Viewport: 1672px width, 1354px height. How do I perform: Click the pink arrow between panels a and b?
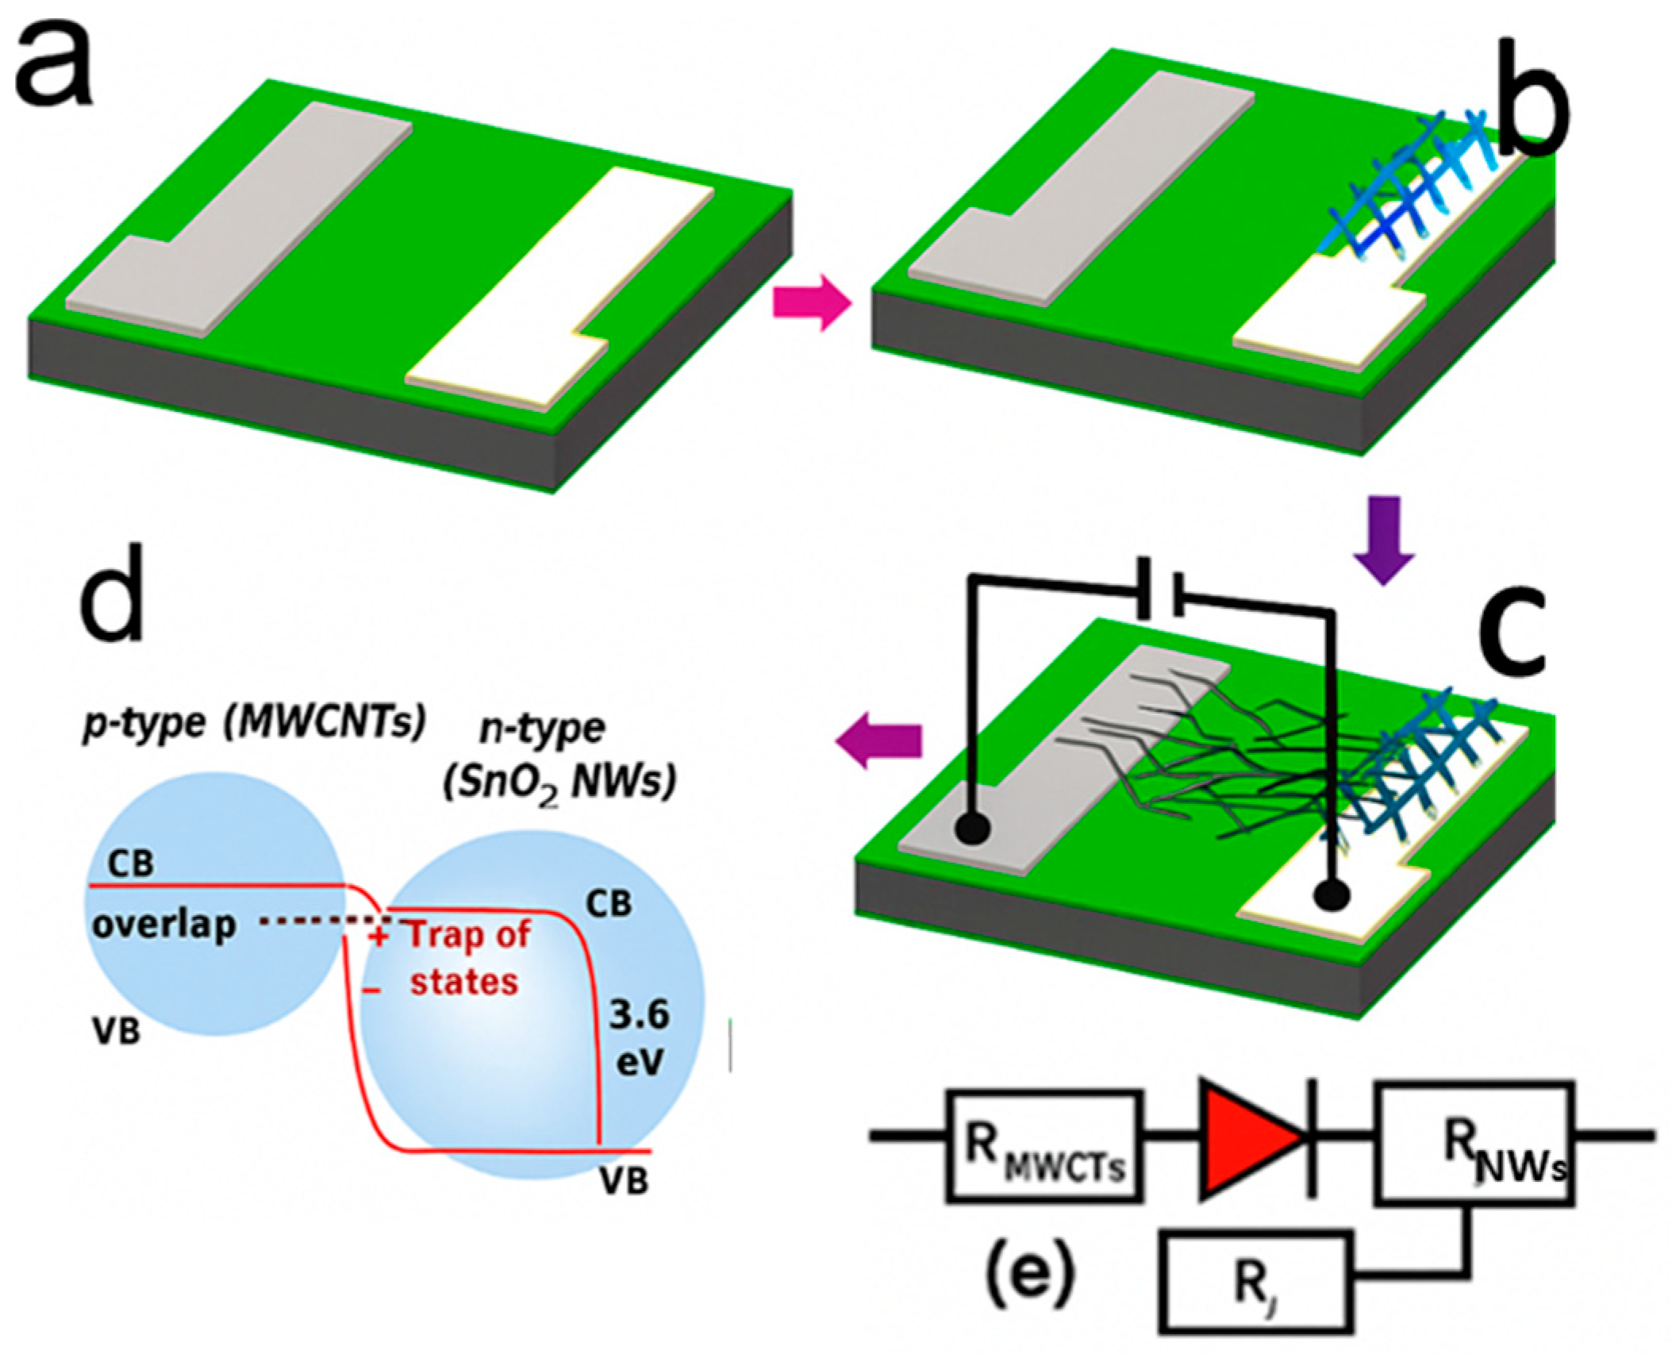[x=810, y=302]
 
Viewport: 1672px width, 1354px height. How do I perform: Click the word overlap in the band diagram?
[x=164, y=925]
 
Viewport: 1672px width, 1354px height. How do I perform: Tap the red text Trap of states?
[x=467, y=958]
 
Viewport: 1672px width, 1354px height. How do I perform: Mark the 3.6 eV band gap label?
[x=639, y=1037]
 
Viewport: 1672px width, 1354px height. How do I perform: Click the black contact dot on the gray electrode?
[x=972, y=829]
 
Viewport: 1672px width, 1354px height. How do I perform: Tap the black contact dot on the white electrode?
[x=1331, y=894]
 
